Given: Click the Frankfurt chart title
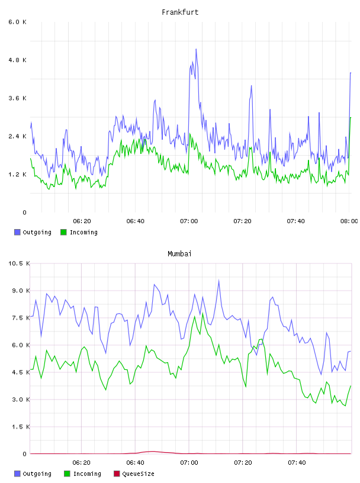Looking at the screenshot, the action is click(180, 12).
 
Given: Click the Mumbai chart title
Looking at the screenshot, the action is click(179, 254).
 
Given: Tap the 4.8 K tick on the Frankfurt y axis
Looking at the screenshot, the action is click(18, 60).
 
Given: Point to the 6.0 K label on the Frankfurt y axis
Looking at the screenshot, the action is click(18, 22).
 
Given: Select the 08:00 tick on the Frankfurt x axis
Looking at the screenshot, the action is click(349, 221).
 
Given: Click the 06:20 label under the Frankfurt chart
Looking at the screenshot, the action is click(82, 221).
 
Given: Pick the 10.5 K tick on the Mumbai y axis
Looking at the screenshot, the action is click(19, 263).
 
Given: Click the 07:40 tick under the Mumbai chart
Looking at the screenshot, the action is click(297, 463).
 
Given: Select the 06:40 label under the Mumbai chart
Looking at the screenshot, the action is click(136, 463).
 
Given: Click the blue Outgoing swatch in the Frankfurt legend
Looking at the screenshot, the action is click(17, 232).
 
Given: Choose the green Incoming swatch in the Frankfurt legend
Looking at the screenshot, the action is click(63, 232).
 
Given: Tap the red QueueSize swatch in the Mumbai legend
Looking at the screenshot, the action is click(117, 474).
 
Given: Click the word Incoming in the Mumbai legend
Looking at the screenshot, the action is click(87, 474).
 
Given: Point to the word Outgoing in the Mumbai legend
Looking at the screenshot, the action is click(37, 474).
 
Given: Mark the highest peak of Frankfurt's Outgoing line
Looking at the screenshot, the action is click(196, 49).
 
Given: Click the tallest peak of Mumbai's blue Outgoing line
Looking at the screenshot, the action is click(219, 280).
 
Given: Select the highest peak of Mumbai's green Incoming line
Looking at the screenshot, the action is click(203, 313).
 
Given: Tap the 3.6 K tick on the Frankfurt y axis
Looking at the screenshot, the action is click(18, 98).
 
